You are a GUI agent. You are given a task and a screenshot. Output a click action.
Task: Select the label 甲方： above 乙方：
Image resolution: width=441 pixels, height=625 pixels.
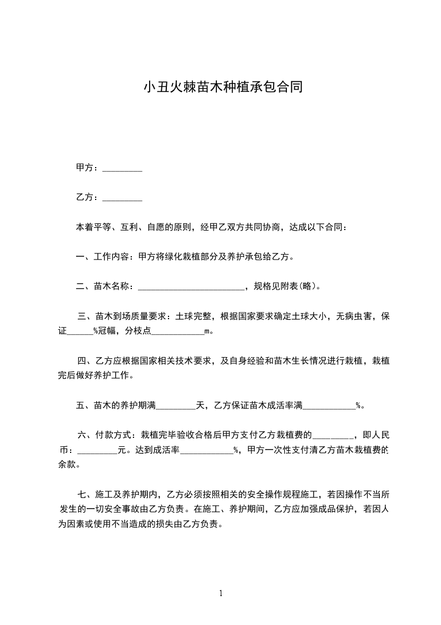(x=88, y=168)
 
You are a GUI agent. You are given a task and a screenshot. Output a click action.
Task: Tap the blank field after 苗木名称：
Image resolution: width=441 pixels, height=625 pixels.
(x=190, y=289)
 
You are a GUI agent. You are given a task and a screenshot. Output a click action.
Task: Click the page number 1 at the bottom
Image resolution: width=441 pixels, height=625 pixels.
(x=221, y=593)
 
